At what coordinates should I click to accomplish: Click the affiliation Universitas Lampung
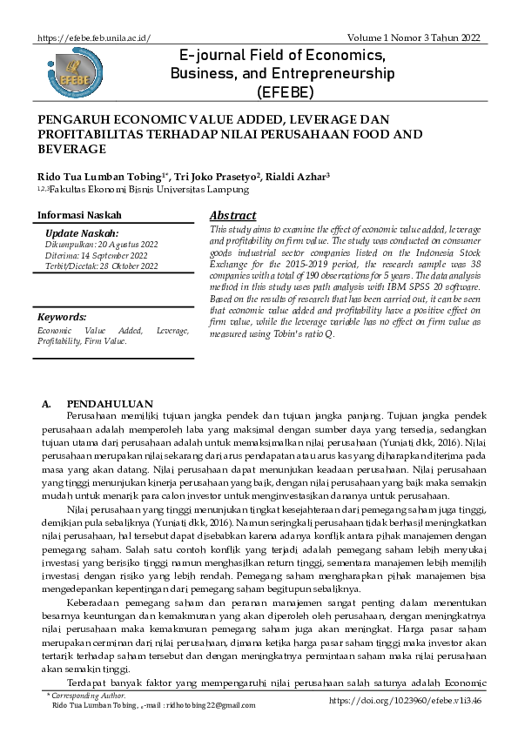tap(205, 188)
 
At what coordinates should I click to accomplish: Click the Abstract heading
tap(232, 216)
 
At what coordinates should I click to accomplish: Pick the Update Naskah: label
tap(81, 233)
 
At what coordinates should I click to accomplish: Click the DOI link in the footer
tap(407, 700)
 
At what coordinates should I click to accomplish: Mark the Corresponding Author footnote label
tap(89, 696)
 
